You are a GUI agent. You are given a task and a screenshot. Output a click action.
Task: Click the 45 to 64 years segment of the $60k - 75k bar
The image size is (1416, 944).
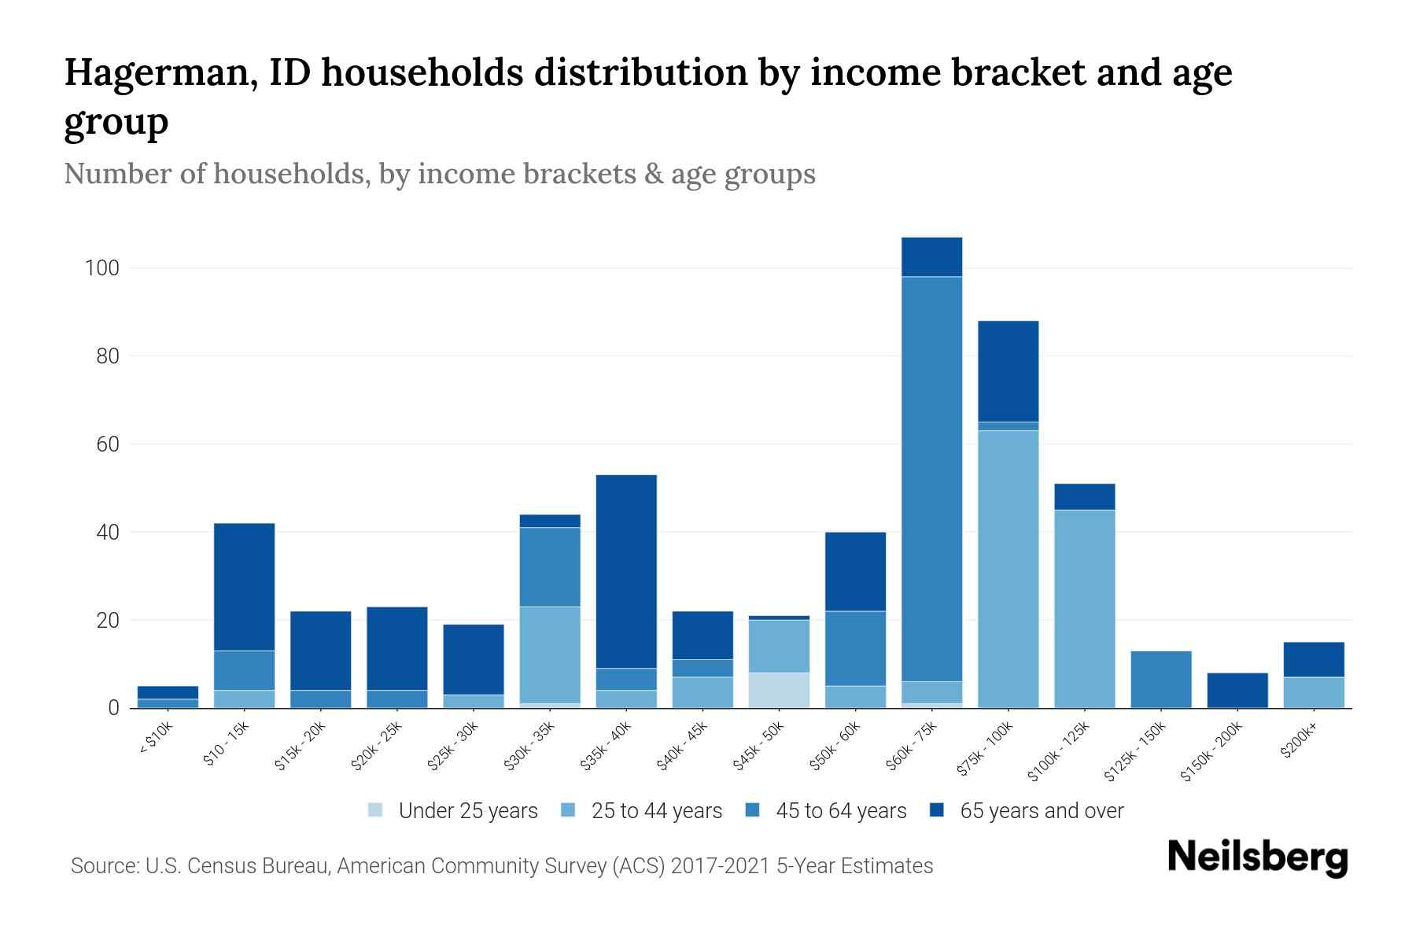coord(931,478)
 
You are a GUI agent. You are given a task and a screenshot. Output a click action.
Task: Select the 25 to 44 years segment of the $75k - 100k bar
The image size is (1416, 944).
coord(1008,569)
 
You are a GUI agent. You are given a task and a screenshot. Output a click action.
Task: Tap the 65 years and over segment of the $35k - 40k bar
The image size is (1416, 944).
coord(626,571)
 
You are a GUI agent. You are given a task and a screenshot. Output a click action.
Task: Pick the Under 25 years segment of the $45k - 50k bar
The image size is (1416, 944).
coord(779,690)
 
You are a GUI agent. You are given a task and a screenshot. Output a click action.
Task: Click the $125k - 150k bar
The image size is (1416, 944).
coord(1160,680)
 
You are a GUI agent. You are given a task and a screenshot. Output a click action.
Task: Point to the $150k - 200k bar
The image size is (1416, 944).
coord(1237,690)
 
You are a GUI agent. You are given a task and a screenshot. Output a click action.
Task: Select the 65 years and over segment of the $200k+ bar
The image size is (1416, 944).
coord(1313,659)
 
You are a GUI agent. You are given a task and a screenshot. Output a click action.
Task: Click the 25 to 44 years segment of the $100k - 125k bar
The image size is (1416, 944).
coord(1084,609)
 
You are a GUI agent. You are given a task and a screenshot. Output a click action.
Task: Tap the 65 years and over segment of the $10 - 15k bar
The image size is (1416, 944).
coord(244,587)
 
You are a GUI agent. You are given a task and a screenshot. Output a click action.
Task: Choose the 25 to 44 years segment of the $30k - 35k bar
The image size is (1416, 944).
coord(550,655)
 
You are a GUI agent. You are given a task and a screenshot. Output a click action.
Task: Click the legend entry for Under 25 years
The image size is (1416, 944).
coord(453,811)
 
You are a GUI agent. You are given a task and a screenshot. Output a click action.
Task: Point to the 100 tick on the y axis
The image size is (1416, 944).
coord(101,268)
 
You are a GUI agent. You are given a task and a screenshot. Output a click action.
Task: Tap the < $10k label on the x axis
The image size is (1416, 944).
coord(157,739)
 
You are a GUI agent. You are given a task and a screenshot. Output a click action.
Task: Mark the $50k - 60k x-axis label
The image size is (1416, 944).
coord(836,747)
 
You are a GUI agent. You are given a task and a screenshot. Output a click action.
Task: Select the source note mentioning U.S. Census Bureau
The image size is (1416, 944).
coord(502,866)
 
